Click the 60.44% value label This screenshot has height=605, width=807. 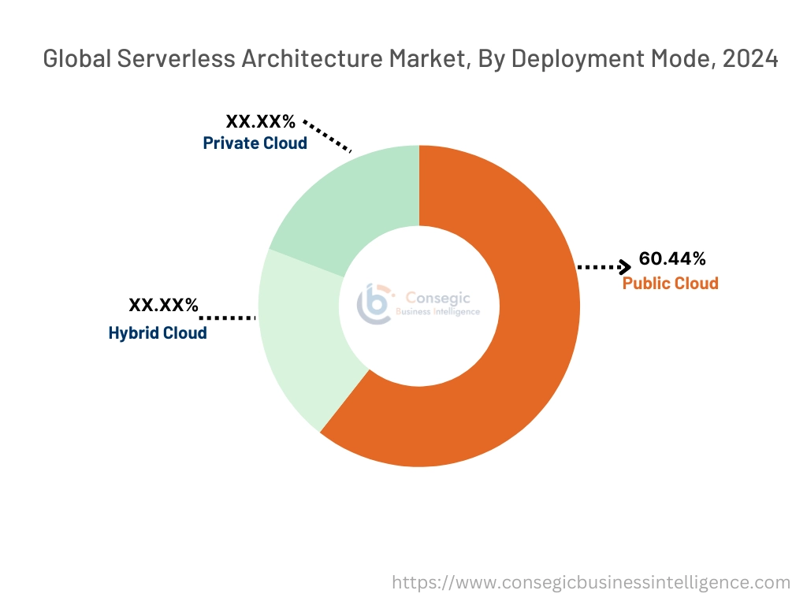tap(672, 258)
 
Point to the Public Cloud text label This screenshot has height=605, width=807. tap(670, 284)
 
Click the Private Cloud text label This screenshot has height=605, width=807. tap(255, 143)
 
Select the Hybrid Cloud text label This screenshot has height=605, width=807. tap(158, 332)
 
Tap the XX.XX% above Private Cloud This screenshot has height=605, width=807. tap(261, 121)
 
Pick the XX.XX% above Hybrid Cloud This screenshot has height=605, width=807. tap(164, 306)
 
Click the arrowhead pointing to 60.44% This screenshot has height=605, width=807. tap(624, 267)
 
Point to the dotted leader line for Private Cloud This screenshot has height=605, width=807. tap(327, 136)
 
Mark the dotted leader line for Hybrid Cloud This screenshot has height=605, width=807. tap(229, 317)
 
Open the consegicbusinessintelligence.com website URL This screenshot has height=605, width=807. tap(591, 582)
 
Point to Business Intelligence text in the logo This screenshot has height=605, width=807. tap(437, 312)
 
